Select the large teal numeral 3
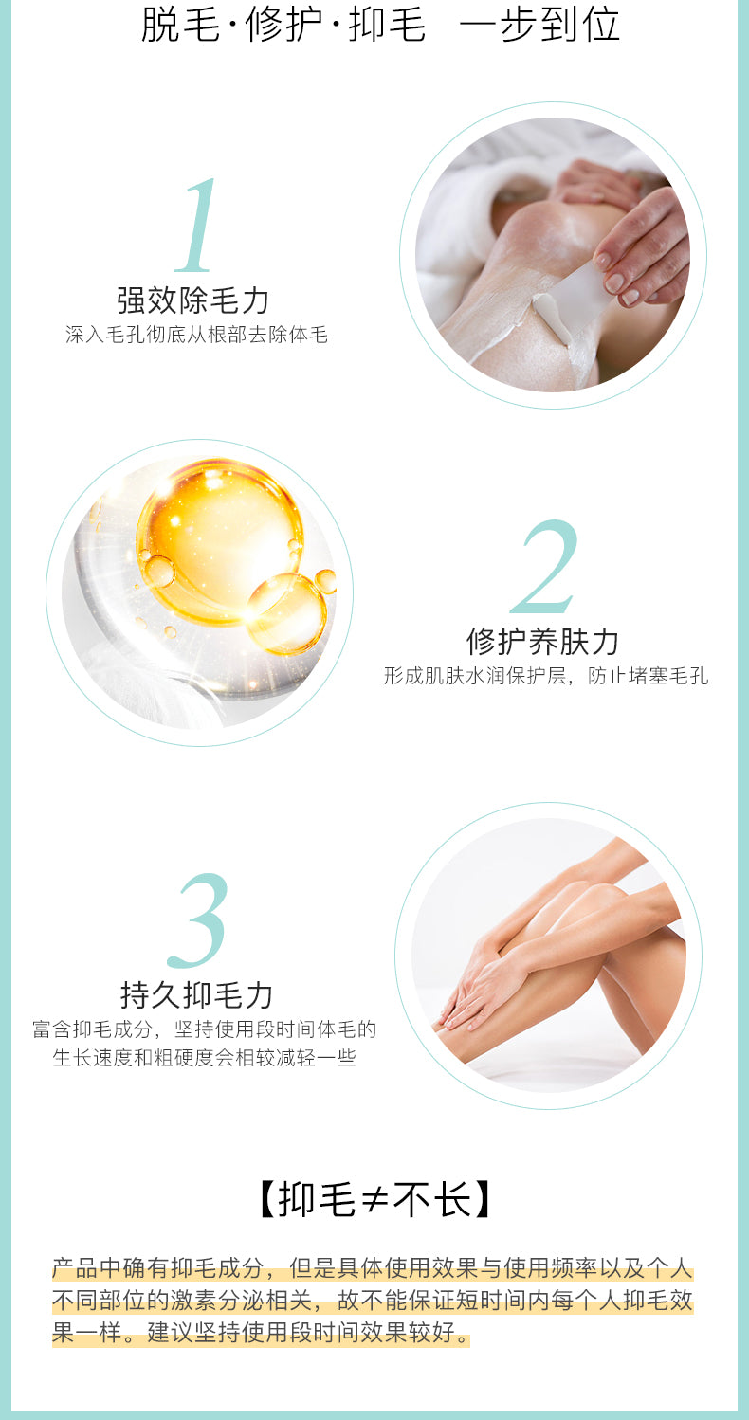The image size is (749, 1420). [x=198, y=919]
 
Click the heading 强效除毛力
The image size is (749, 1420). [x=192, y=300]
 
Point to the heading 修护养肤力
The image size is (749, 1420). [x=543, y=642]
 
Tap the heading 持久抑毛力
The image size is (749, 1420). [x=196, y=994]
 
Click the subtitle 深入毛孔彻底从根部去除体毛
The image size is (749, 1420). [x=196, y=335]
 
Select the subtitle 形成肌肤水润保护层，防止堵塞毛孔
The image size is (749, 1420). [x=546, y=676]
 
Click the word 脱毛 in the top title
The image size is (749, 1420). [x=180, y=26]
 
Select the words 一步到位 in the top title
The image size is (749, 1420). [x=539, y=26]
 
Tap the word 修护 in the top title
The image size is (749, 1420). [x=284, y=26]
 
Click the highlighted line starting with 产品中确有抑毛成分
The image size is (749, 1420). [x=373, y=1268]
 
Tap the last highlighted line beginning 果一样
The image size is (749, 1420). [x=261, y=1333]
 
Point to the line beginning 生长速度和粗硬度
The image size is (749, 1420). [x=204, y=1057]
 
